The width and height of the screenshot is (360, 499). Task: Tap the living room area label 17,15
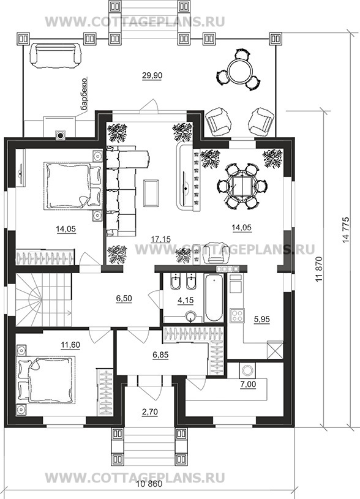(161, 239)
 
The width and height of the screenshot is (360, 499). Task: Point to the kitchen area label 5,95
(261, 319)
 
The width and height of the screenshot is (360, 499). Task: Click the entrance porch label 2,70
(149, 412)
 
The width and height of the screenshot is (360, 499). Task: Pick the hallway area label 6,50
(124, 299)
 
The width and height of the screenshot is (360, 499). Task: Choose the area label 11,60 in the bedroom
(70, 345)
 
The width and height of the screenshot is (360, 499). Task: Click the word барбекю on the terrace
(84, 94)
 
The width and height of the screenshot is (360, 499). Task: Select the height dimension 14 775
(347, 230)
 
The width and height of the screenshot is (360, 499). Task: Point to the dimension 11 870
(319, 269)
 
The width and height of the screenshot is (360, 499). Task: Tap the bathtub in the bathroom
(214, 298)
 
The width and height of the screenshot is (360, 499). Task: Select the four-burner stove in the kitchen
(237, 315)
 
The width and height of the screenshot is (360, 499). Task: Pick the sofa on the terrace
(55, 56)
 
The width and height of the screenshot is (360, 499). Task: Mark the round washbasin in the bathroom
(190, 317)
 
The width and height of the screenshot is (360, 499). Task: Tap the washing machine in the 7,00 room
(247, 370)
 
